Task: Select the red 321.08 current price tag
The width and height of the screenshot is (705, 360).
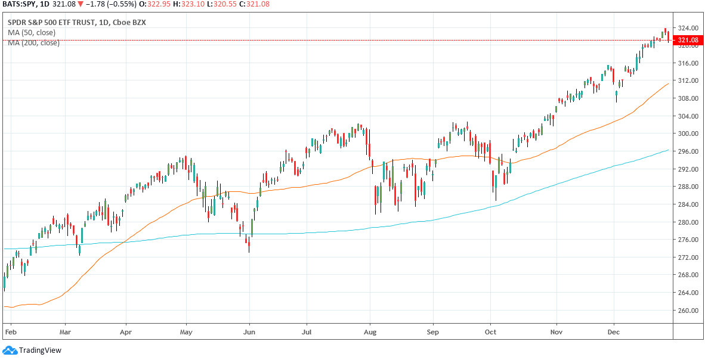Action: click(686, 41)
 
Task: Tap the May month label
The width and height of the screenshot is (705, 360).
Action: click(187, 330)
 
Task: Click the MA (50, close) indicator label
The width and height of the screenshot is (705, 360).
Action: click(32, 33)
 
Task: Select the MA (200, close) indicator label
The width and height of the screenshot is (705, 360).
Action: click(33, 43)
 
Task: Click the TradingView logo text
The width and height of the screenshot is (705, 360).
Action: click(40, 350)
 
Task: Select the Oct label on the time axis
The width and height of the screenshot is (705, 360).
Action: click(491, 330)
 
